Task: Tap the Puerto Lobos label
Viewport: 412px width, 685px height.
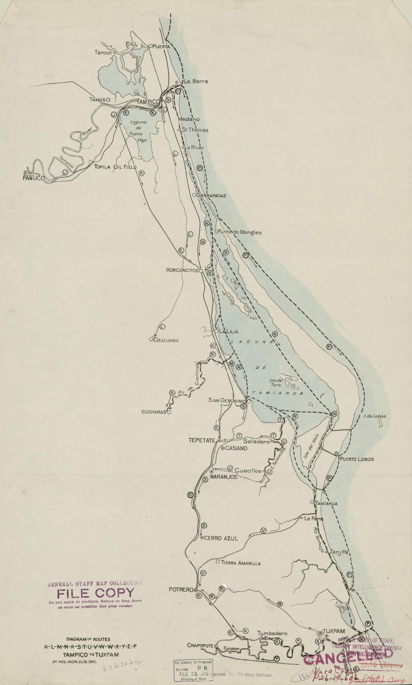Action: coord(357,459)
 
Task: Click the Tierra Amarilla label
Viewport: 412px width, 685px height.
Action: coord(240,563)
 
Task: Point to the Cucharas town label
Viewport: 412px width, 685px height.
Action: coord(154,412)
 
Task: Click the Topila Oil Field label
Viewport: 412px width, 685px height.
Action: coord(115,167)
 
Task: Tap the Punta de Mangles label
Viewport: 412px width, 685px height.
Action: coord(240,232)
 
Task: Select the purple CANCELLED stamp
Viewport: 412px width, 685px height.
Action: coord(348,654)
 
